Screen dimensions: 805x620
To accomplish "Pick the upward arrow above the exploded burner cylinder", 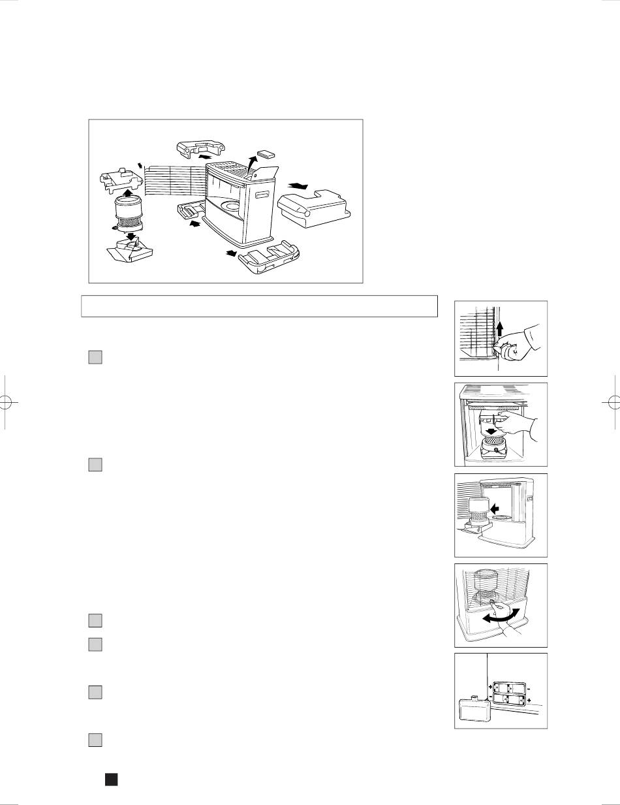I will tap(129, 193).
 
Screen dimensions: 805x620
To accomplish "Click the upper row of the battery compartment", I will tap(510, 687).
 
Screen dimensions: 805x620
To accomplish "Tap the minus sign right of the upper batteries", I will tap(529, 687).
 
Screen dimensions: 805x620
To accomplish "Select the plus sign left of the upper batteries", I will tap(489, 687).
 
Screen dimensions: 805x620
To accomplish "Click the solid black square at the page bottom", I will tap(111, 780).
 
